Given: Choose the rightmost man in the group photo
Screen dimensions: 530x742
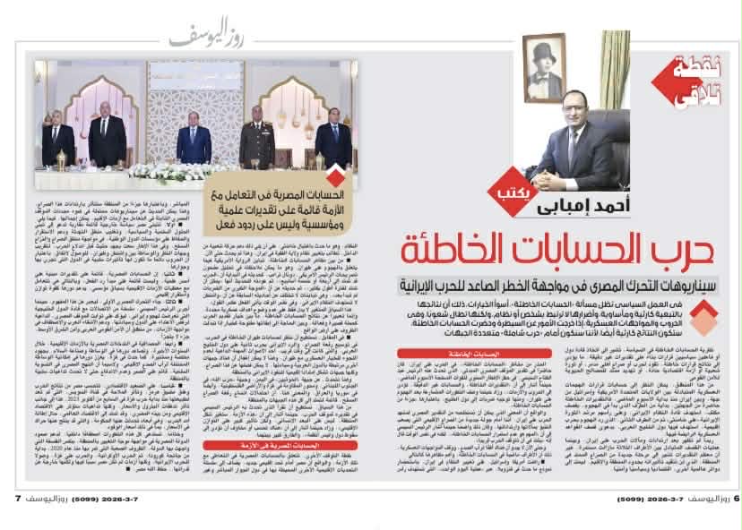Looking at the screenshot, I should click(x=333, y=141).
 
